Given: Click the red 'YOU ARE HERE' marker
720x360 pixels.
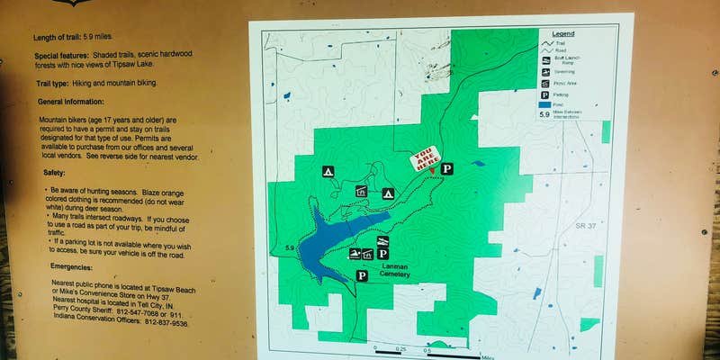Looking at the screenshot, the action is point(426,159).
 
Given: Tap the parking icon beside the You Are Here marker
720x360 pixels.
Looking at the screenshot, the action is point(447,168).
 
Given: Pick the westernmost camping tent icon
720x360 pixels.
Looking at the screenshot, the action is point(328,171).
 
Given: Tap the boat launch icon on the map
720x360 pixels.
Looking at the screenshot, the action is point(355,254).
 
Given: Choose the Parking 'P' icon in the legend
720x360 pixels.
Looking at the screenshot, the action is point(544,94).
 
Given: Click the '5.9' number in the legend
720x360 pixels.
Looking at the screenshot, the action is point(544,115).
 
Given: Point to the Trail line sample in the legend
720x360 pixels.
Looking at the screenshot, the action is point(544,42).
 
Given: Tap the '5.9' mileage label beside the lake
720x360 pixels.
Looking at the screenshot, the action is point(290,247).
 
